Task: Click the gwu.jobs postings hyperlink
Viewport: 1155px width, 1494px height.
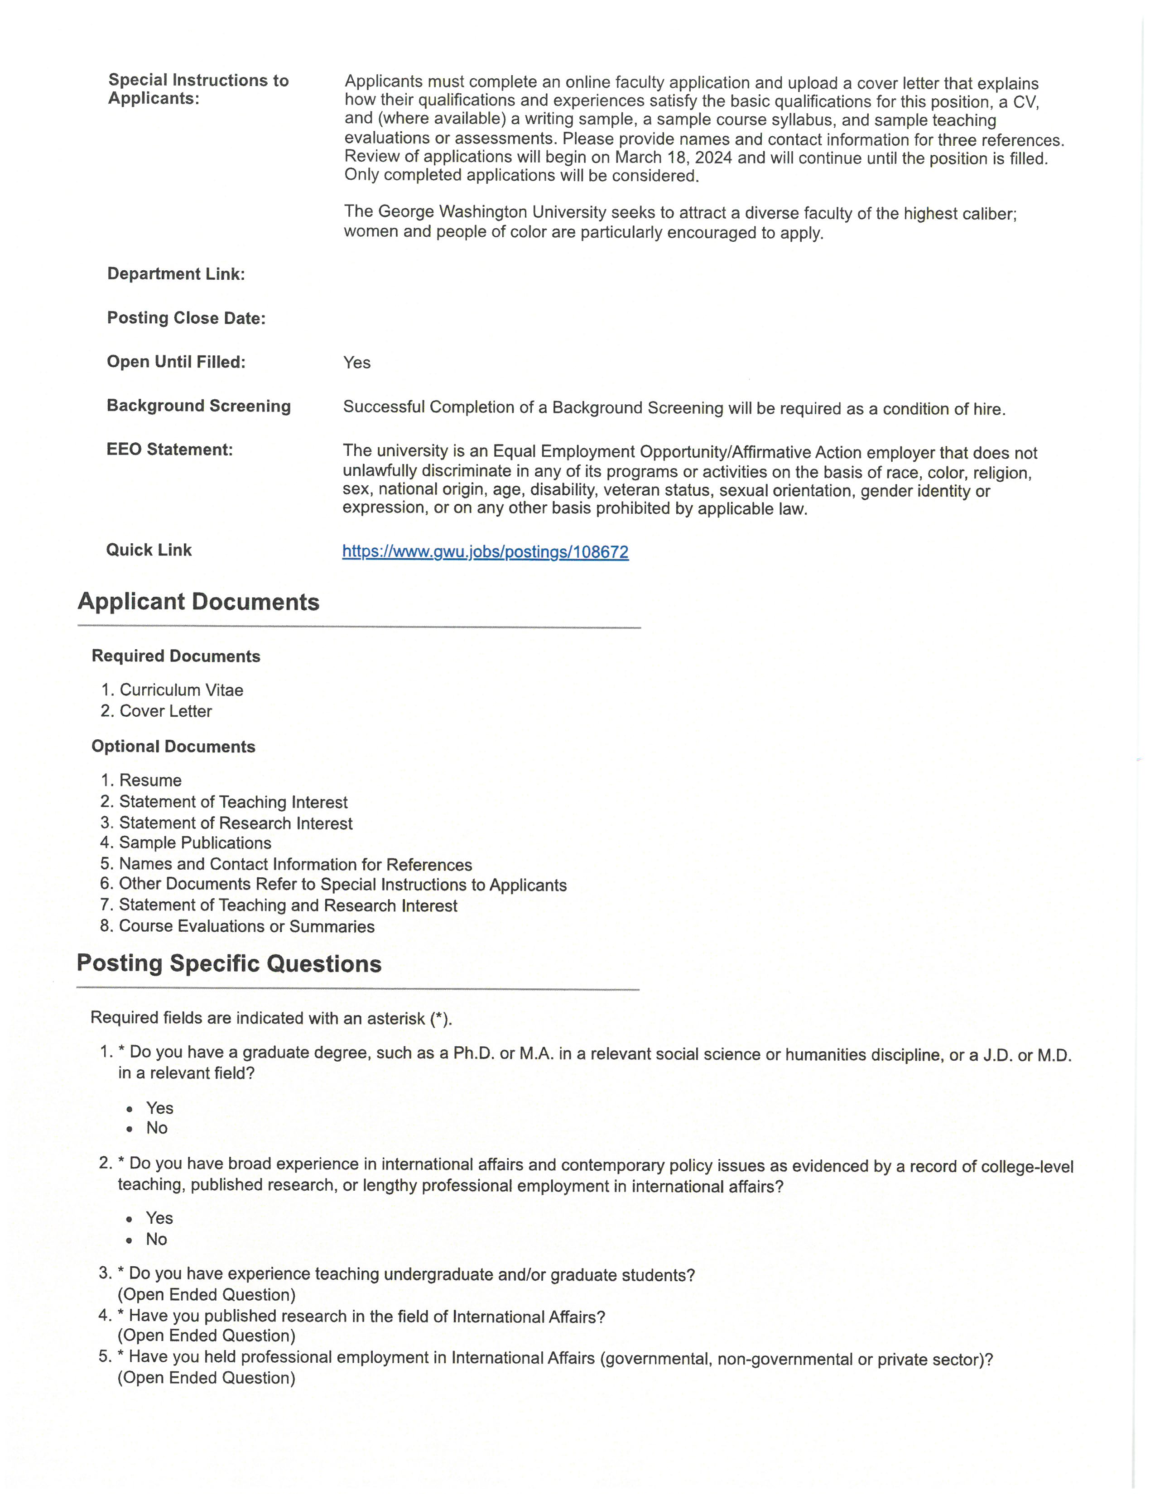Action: pyautogui.click(x=485, y=552)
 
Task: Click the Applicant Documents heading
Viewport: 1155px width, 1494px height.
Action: pyautogui.click(x=198, y=602)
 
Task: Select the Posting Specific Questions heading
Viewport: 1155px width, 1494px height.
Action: pyautogui.click(x=229, y=964)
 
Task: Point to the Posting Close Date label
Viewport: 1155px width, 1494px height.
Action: pyautogui.click(x=186, y=318)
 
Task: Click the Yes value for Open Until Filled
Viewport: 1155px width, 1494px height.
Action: pyautogui.click(x=356, y=363)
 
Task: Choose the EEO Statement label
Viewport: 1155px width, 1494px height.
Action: pyautogui.click(x=170, y=450)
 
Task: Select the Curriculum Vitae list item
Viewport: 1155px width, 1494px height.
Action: pyautogui.click(x=181, y=690)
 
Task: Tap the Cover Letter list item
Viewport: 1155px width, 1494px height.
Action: pyautogui.click(x=166, y=711)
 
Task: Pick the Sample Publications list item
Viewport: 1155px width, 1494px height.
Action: pyautogui.click(x=195, y=843)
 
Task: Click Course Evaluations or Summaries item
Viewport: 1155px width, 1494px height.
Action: pyautogui.click(x=246, y=927)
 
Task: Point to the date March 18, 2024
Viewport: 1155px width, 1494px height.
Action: pyautogui.click(x=673, y=158)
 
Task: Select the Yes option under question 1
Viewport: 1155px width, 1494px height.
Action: pyautogui.click(x=159, y=1108)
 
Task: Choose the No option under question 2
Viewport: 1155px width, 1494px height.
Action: pyautogui.click(x=156, y=1240)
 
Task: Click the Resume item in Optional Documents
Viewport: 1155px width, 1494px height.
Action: pyautogui.click(x=150, y=781)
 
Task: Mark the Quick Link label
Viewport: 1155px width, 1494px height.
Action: pyautogui.click(x=149, y=551)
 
